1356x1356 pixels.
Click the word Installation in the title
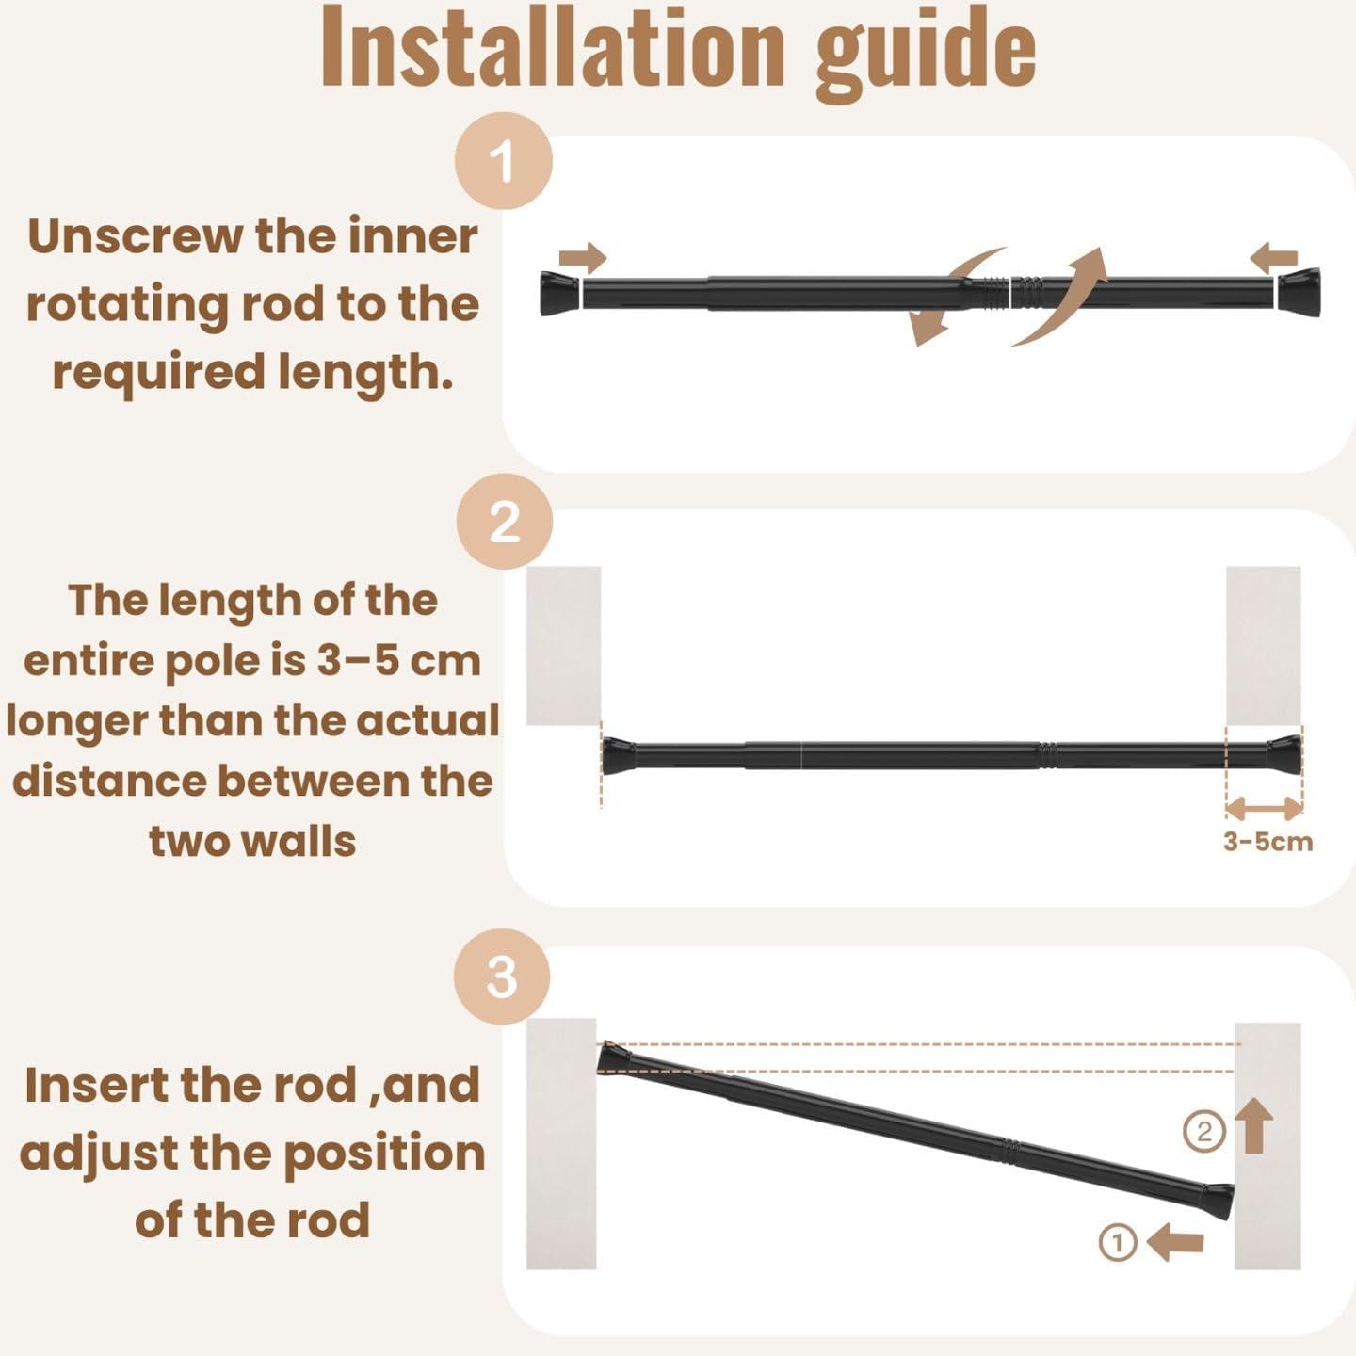point(553,48)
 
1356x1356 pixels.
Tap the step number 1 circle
point(504,162)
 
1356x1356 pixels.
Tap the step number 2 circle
point(505,522)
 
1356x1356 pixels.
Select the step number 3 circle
point(502,977)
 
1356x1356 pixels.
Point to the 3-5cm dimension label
point(1268,842)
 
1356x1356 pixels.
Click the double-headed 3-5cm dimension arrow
point(1264,809)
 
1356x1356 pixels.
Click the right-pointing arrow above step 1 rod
point(583,258)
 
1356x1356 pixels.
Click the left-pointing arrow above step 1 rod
point(1274,258)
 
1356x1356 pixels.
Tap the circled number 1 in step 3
point(1118,1242)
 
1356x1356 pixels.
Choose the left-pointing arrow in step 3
point(1175,1242)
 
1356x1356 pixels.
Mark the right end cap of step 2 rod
point(1285,754)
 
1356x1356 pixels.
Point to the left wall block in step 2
point(564,646)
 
